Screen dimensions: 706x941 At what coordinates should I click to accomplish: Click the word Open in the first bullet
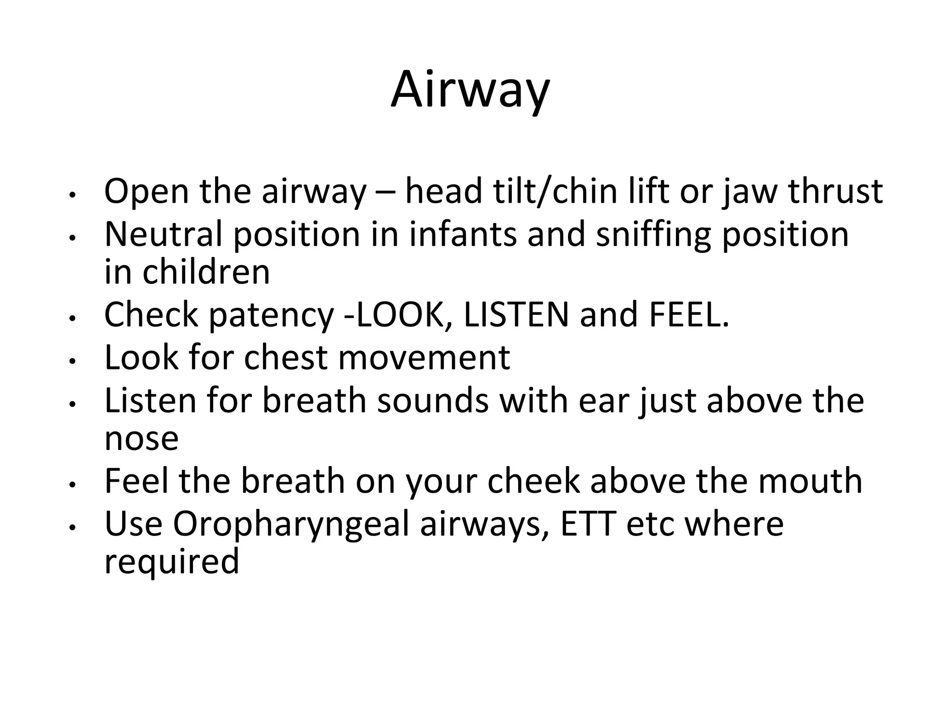[147, 191]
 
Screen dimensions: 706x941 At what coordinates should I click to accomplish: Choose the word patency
[271, 315]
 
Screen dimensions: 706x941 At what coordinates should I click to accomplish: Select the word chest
[285, 358]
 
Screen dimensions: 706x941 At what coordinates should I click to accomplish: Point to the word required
[172, 562]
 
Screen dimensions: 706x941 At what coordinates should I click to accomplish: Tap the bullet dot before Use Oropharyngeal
[71, 529]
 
